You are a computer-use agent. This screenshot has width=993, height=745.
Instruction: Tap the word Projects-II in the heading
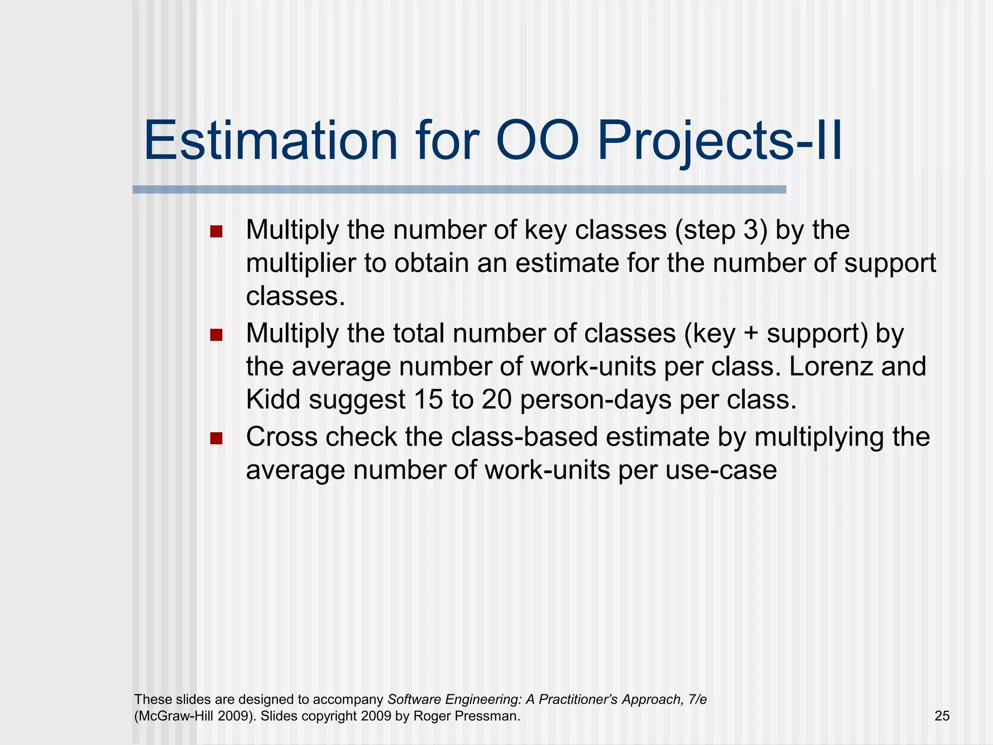point(720,142)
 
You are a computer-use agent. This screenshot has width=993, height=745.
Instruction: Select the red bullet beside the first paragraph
point(216,231)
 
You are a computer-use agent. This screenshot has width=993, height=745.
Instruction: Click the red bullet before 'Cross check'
point(216,438)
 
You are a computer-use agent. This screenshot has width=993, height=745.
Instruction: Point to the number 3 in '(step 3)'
point(751,230)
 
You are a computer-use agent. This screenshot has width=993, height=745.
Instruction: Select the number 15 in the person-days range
point(428,400)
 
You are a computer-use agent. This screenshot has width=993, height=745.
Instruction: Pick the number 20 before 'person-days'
point(496,400)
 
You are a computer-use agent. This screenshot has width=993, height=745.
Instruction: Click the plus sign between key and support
point(751,334)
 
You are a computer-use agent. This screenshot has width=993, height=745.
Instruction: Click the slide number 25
point(942,716)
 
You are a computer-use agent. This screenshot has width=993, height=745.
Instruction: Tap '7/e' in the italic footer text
point(697,699)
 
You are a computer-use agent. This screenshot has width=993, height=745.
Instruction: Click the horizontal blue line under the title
point(459,190)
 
